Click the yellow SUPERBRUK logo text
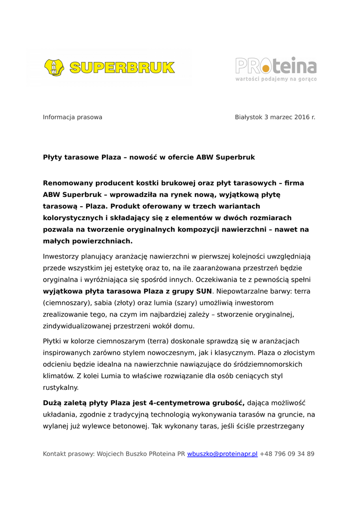(x=122, y=68)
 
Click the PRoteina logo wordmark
(x=275, y=66)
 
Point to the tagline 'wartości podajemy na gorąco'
(x=276, y=79)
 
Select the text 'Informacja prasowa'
(x=73, y=117)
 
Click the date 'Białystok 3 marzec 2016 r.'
(x=275, y=117)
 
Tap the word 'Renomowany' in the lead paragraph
(x=68, y=183)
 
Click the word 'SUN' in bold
(x=204, y=291)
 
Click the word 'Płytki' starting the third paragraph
(x=53, y=341)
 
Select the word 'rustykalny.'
(x=61, y=387)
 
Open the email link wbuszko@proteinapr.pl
(x=222, y=454)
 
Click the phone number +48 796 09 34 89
(x=287, y=454)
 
